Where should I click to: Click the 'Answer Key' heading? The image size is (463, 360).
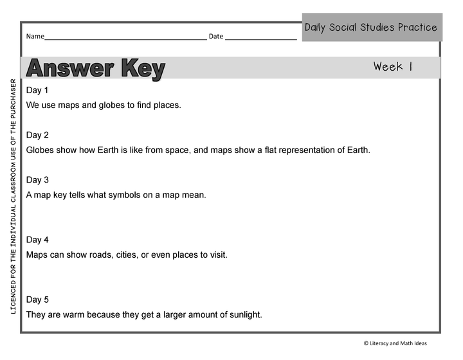(x=96, y=68)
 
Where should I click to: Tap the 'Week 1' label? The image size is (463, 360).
(x=392, y=67)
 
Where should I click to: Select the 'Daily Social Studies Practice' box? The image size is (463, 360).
(x=371, y=28)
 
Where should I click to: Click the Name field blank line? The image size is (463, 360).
(x=125, y=37)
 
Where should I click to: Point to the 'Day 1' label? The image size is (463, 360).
(x=37, y=90)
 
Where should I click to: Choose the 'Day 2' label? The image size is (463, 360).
(x=37, y=135)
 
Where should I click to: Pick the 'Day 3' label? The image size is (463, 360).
(x=37, y=180)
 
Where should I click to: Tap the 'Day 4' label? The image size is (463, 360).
(x=37, y=240)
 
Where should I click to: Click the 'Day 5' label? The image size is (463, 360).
(x=37, y=300)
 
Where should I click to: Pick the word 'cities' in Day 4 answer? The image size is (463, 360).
(x=128, y=255)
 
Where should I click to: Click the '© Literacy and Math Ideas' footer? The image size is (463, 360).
(x=395, y=344)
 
